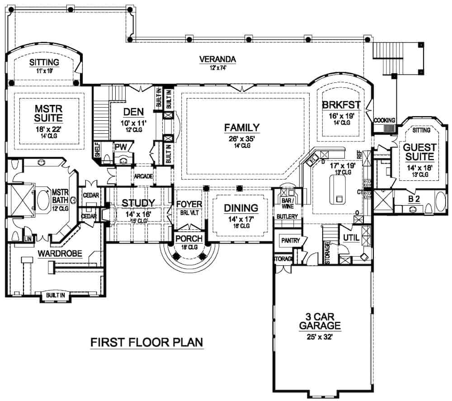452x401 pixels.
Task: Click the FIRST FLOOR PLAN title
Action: (147, 342)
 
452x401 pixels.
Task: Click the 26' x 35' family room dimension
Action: (242, 139)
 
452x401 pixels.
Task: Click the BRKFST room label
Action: (341, 104)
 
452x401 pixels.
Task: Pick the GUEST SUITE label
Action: (419, 152)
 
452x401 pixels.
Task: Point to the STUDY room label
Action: (138, 202)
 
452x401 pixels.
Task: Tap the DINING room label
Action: (241, 208)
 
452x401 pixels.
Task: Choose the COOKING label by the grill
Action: (384, 120)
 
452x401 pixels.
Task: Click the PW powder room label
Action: (120, 146)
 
